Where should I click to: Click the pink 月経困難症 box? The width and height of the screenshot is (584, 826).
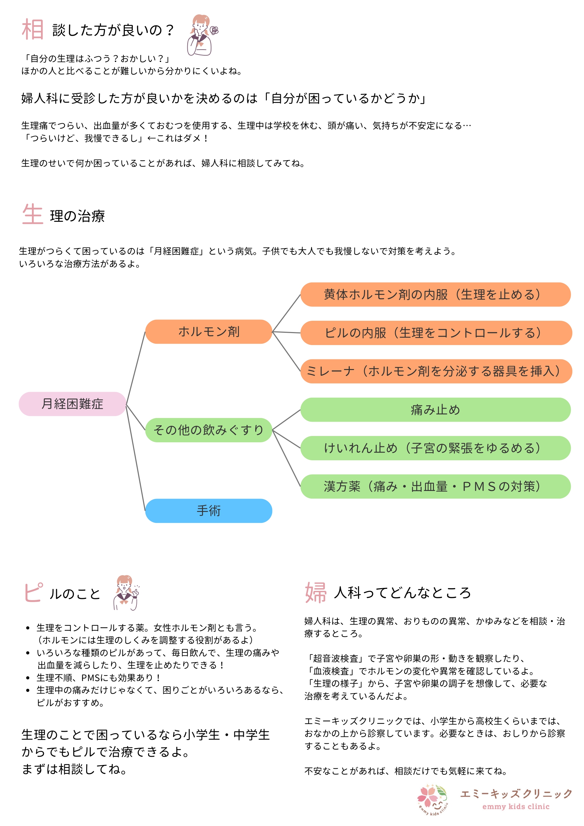[72, 404]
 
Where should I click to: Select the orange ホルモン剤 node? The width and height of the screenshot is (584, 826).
[209, 331]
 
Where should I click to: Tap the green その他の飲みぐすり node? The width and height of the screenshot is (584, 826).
[209, 430]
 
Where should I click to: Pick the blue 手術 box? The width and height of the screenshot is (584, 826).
[209, 511]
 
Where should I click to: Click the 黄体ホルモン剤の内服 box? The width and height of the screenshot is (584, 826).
[435, 294]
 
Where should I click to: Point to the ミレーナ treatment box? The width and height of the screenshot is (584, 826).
[436, 371]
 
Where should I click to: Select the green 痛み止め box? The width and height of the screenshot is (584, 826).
[435, 410]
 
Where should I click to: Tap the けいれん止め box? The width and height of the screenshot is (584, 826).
[435, 448]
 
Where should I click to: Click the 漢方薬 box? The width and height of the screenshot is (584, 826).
[435, 486]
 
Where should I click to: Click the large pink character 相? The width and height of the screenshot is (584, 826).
[33, 30]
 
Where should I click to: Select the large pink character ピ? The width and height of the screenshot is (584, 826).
[33, 593]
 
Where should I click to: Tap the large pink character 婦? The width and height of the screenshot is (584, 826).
[316, 593]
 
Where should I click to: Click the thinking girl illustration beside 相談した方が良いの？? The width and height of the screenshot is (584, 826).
[201, 35]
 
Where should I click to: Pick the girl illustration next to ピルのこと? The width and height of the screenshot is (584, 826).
[126, 593]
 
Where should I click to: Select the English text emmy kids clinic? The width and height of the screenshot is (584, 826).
[516, 807]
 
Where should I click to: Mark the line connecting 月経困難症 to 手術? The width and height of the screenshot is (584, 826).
[135, 458]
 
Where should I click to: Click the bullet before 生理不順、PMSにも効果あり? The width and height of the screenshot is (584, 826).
[28, 678]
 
